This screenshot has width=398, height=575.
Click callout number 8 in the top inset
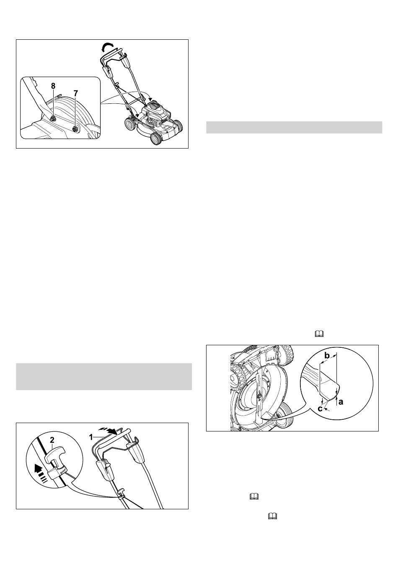(x=53, y=86)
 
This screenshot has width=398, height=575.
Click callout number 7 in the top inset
(x=75, y=93)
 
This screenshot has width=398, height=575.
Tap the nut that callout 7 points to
(x=75, y=129)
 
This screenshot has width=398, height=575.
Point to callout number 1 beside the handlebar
(x=90, y=437)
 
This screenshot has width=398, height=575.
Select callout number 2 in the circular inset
(x=52, y=440)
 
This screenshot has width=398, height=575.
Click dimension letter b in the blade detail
(x=327, y=356)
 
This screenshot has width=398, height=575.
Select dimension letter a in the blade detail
(x=341, y=402)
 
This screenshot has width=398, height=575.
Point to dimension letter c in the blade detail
(x=320, y=408)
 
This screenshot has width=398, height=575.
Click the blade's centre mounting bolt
(x=259, y=397)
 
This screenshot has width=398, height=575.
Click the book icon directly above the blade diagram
(x=318, y=334)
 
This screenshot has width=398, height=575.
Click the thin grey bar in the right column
(x=294, y=127)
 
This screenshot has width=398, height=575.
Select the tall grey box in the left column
(x=104, y=377)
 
